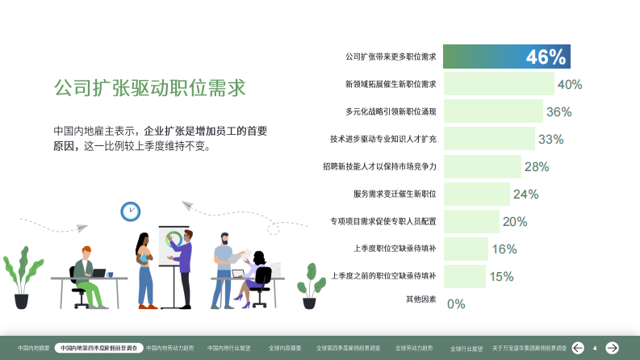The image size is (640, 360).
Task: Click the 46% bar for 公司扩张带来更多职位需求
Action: [x=506, y=57]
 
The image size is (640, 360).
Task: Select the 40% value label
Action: [x=569, y=84]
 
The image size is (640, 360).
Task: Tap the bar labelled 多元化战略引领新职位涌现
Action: [x=492, y=111]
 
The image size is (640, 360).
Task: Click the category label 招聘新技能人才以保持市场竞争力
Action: [x=379, y=166]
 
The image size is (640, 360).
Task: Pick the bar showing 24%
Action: [x=476, y=194]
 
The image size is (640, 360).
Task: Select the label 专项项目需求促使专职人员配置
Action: [x=383, y=221]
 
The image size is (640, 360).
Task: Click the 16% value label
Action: [x=504, y=249]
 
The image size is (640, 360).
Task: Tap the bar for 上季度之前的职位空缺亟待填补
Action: [x=464, y=276]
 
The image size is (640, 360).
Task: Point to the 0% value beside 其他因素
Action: [x=456, y=303]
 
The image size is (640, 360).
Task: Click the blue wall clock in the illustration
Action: [x=130, y=211]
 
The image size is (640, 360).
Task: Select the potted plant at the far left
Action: [x=21, y=278]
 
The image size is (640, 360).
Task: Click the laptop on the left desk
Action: [x=98, y=273]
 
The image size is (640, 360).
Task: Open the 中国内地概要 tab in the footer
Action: [x=34, y=348]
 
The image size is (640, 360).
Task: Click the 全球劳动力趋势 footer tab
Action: [x=413, y=348]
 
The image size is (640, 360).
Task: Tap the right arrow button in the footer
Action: [x=613, y=348]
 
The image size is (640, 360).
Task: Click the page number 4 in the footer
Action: [x=595, y=348]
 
